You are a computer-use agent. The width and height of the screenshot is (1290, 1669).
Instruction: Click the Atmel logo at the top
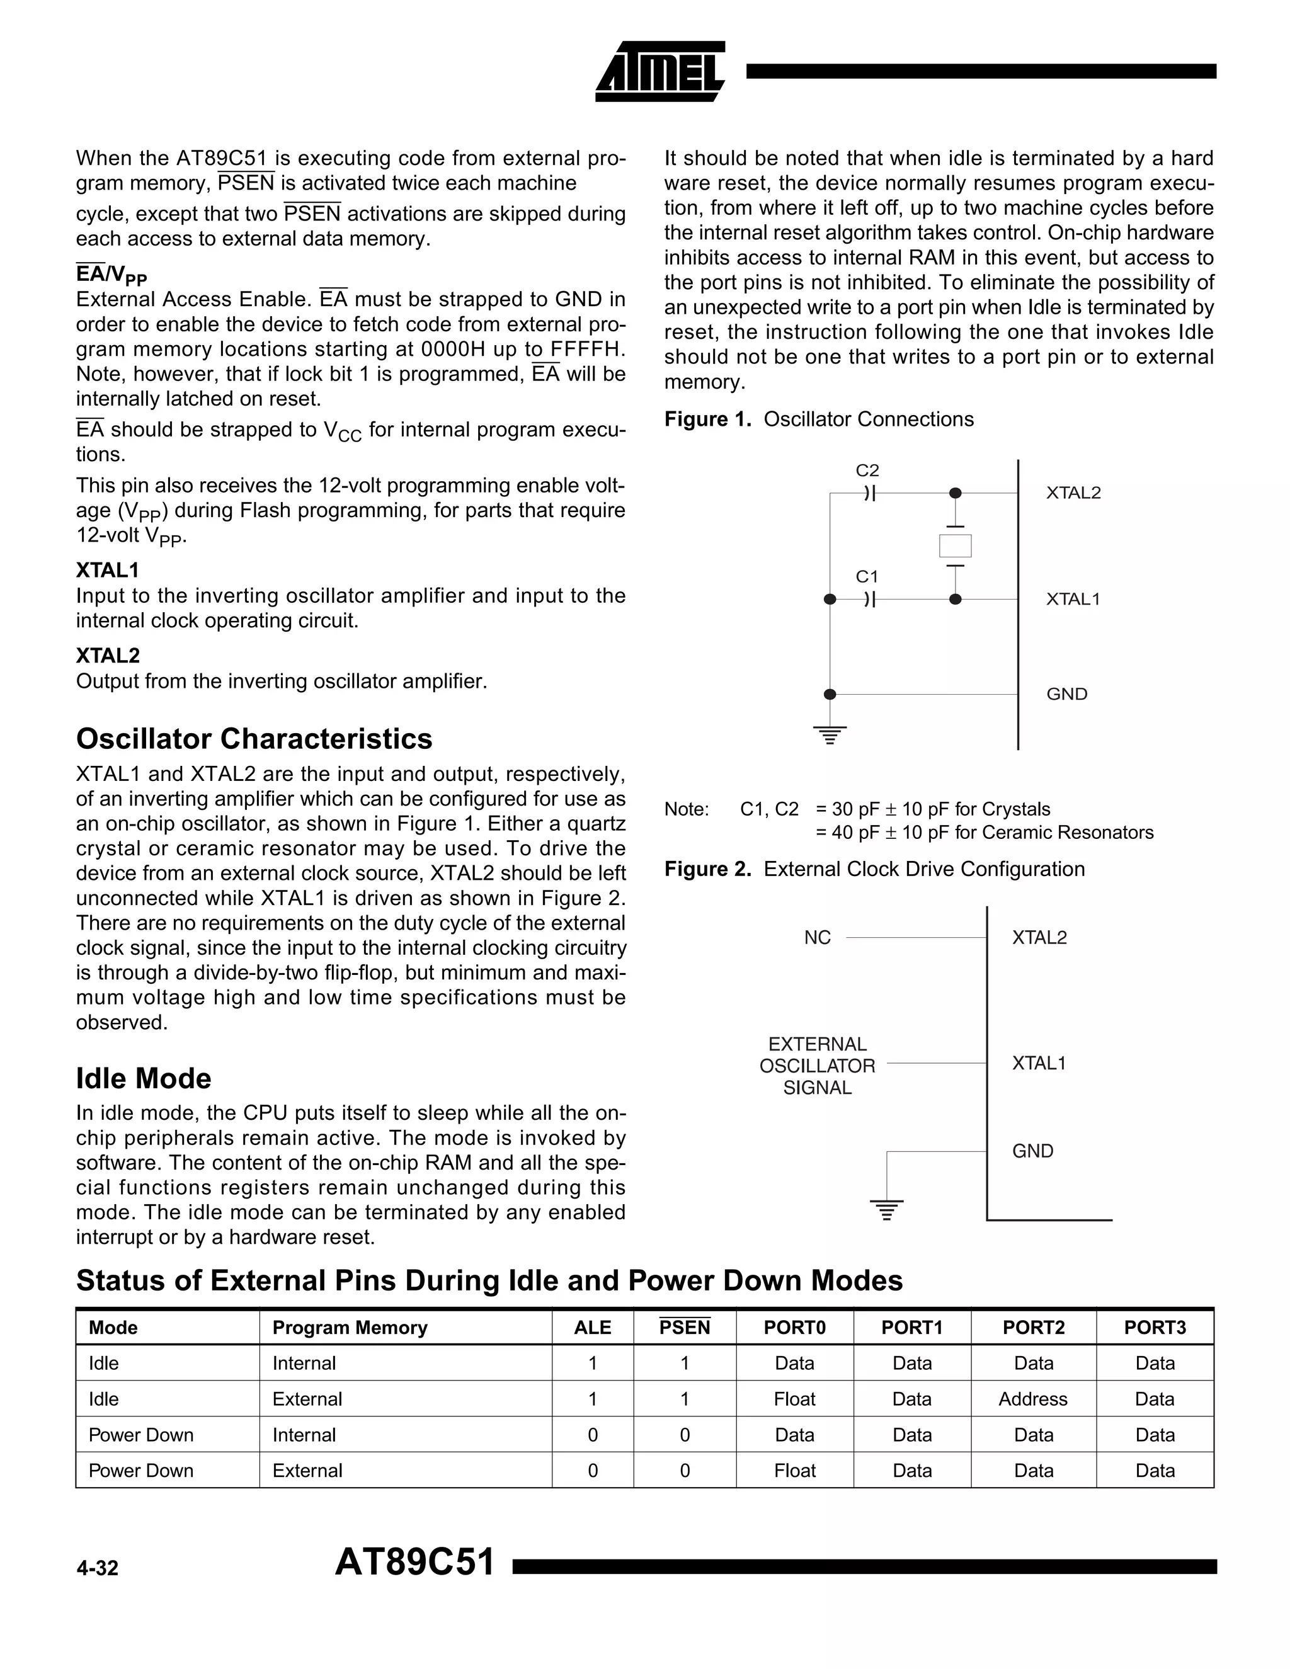659,72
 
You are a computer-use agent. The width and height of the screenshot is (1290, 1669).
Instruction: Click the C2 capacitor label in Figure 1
867,470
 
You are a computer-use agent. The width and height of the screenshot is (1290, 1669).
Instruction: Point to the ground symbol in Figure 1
830,735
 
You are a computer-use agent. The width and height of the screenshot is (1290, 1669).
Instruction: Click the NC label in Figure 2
817,938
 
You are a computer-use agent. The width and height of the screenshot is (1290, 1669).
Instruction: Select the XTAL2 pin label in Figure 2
1039,938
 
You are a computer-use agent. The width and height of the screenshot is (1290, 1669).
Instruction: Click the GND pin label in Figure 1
1066,694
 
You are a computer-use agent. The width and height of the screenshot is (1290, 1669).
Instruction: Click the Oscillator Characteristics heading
254,739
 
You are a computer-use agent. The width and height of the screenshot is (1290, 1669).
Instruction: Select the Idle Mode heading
144,1078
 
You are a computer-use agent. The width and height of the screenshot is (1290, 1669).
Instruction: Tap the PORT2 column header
1033,1328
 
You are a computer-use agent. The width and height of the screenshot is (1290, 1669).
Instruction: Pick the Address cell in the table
1032,1399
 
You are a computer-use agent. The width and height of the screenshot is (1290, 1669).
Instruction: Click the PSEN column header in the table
685,1328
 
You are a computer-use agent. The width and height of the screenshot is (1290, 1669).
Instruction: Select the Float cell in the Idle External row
794,1399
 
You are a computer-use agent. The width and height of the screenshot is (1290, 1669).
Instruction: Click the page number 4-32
97,1568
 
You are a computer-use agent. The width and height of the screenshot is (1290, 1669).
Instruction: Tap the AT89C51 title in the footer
415,1562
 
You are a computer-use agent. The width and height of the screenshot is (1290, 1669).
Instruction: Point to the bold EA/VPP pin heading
111,273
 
